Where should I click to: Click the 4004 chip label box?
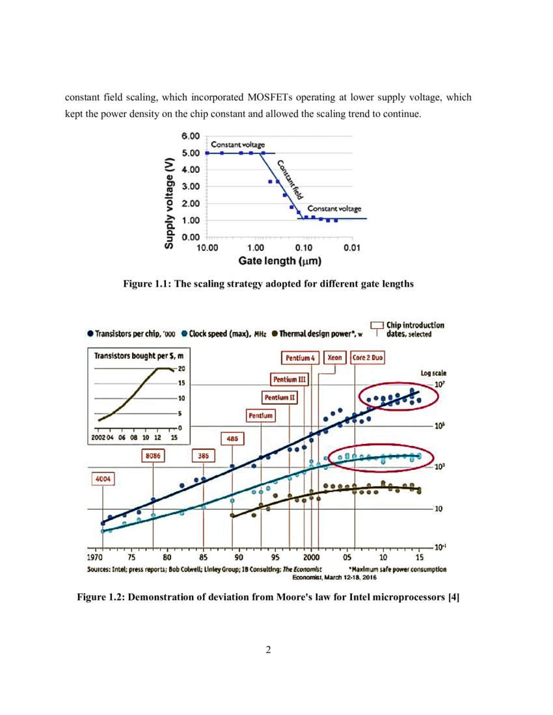click(103, 479)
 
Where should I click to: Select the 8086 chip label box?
click(153, 456)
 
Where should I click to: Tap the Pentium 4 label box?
click(301, 357)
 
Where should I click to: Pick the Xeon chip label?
click(334, 357)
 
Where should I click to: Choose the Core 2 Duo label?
click(368, 357)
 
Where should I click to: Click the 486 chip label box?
click(232, 439)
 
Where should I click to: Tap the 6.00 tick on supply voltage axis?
click(190, 136)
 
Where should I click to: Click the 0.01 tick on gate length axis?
click(352, 248)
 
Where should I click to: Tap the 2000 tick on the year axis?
click(311, 556)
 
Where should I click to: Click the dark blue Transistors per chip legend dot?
click(90, 333)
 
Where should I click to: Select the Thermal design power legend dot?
click(275, 333)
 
